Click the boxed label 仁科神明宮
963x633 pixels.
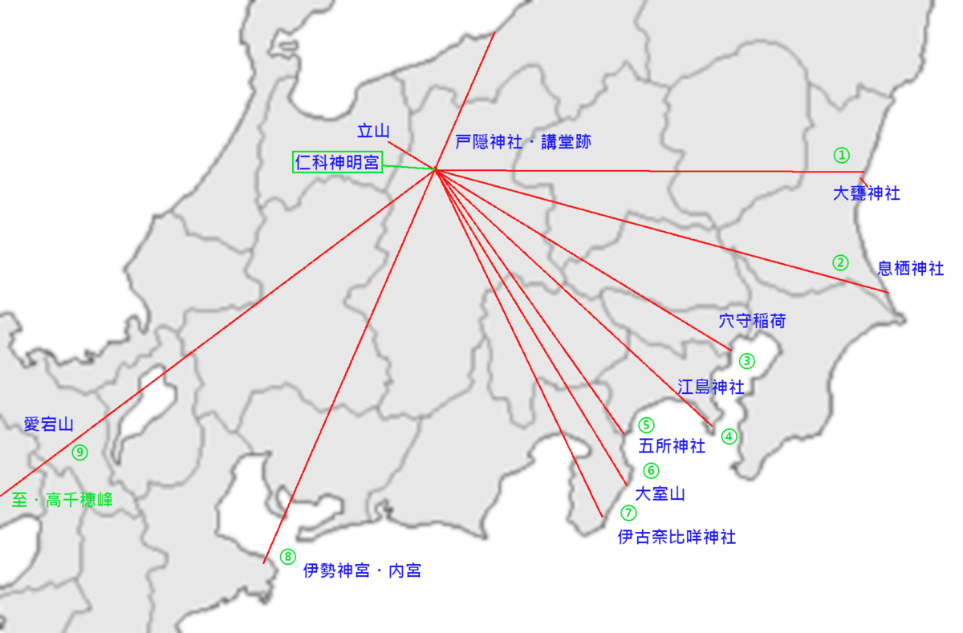pos(336,162)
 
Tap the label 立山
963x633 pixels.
pos(373,131)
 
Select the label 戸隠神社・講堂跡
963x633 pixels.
pos(523,142)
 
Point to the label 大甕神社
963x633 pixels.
pos(866,193)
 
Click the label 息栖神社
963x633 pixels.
pos(911,268)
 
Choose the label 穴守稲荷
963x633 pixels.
pos(752,321)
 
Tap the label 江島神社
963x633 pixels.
pos(711,387)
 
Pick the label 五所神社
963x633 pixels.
pos(672,446)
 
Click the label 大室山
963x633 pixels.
pos(660,493)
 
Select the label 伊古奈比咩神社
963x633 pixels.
pos(677,537)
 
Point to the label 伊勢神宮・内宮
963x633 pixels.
pos(362,570)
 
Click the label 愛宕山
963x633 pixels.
pos(49,424)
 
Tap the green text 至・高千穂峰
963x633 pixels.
pos(63,500)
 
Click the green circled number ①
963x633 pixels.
pos(841,155)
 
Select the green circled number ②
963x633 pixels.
pos(840,262)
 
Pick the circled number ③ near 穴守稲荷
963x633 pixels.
pos(747,361)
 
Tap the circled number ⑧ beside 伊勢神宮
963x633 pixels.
pos(287,556)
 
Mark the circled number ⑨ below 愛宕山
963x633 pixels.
pos(79,452)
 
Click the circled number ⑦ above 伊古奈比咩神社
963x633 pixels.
pos(628,512)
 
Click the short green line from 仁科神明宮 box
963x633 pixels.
pos(408,167)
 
